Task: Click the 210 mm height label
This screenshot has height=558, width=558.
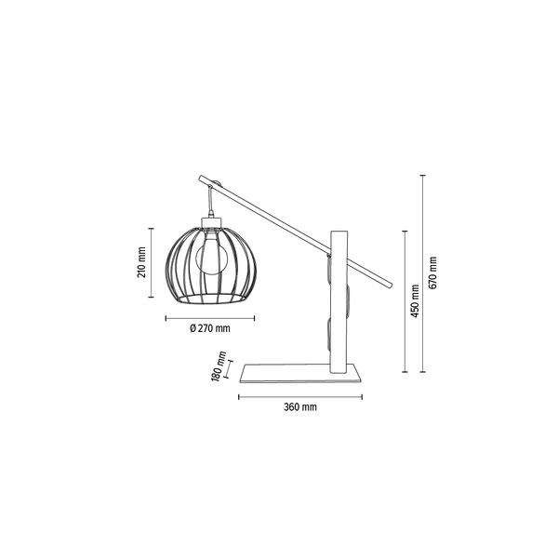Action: (141, 264)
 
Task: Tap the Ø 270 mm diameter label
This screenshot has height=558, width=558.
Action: (209, 328)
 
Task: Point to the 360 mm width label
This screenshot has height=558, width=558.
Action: (300, 407)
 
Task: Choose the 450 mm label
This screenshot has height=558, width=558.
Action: (416, 299)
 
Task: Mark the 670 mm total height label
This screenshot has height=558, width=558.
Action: (433, 272)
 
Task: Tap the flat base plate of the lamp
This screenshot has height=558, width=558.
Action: (300, 375)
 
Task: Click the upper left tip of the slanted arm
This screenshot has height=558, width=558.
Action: (198, 177)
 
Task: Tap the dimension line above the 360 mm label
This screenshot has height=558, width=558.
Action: (300, 397)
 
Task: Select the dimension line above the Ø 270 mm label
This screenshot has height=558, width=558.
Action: (209, 318)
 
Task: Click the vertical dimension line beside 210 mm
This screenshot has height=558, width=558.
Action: (153, 263)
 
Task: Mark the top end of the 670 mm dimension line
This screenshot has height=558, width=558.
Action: (422, 174)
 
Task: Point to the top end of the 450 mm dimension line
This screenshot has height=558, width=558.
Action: (405, 231)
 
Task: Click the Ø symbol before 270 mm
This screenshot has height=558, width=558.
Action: (192, 328)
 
